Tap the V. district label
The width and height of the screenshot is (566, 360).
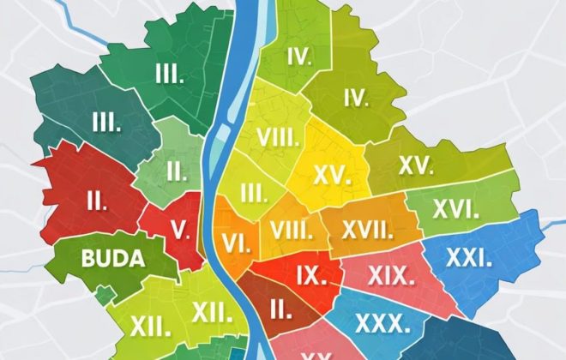click(179, 229)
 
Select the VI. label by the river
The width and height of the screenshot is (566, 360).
click(236, 242)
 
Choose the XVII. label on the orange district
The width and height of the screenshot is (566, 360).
click(367, 230)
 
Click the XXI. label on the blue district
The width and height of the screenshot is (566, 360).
click(467, 257)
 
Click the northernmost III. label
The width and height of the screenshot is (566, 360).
click(172, 75)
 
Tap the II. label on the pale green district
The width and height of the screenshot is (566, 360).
click(177, 170)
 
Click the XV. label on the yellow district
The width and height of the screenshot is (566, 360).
click(333, 175)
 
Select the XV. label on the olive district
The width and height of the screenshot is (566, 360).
click(417, 166)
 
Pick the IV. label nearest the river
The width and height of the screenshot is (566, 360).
click(298, 57)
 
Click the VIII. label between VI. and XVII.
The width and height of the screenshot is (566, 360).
click(291, 230)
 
